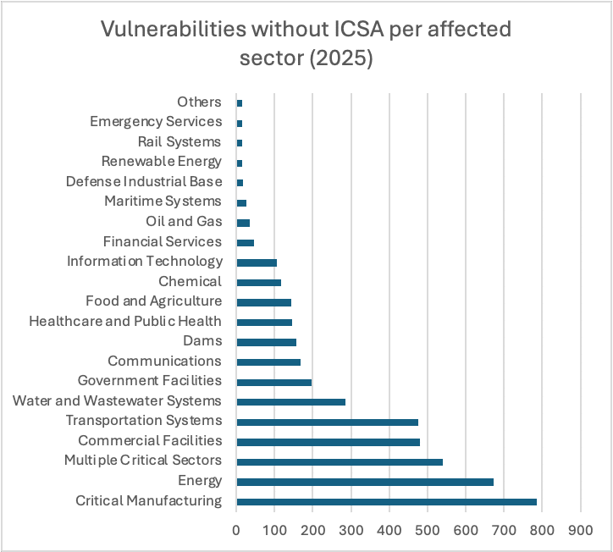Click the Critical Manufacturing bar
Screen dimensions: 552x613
click(x=386, y=502)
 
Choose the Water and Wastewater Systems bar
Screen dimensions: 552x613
click(x=290, y=401)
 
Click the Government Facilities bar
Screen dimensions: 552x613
click(x=273, y=382)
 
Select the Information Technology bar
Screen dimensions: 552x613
click(x=257, y=262)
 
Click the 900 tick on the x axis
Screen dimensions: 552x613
click(x=581, y=530)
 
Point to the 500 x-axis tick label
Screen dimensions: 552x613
click(x=428, y=530)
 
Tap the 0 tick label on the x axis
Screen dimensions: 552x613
click(x=236, y=530)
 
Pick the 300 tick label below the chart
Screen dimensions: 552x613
click(x=351, y=530)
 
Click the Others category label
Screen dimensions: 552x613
click(x=199, y=102)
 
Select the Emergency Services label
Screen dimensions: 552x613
click(x=156, y=122)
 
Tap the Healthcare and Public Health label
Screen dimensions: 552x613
click(x=125, y=322)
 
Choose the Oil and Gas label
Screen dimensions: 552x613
click(x=184, y=222)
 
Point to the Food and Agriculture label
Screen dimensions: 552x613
click(x=153, y=301)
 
